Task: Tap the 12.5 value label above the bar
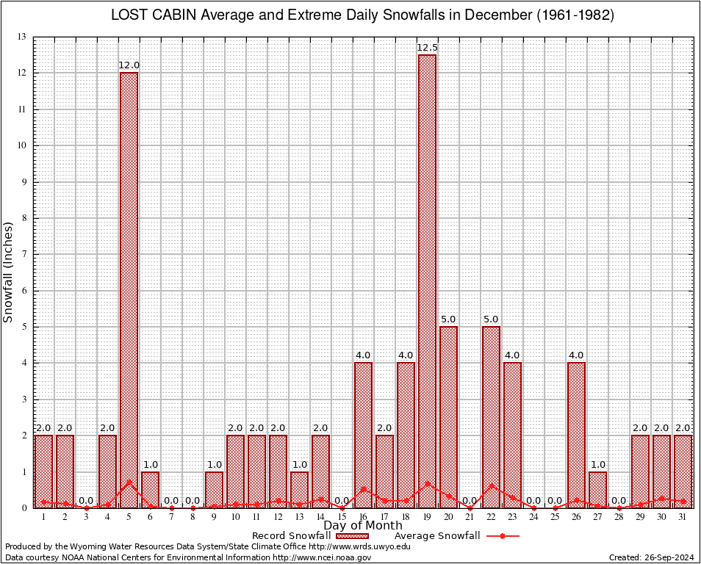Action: [427, 48]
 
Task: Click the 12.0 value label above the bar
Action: [129, 65]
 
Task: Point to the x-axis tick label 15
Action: [342, 517]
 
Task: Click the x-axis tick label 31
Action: [683, 517]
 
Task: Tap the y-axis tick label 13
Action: [22, 37]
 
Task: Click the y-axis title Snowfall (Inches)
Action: [8, 272]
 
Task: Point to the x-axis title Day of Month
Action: [362, 526]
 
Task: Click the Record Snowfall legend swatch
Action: [352, 536]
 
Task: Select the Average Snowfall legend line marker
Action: [503, 536]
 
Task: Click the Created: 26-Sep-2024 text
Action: [651, 557]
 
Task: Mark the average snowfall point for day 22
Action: [491, 485]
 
